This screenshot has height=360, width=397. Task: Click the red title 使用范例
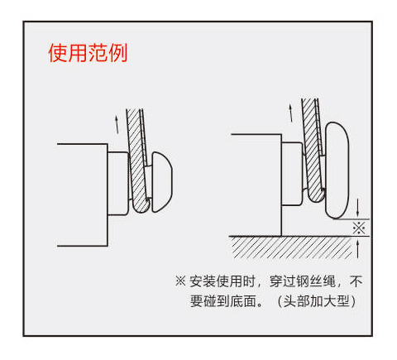[88, 53]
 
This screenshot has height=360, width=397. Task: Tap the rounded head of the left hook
[162, 182]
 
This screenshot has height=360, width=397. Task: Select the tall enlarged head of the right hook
[337, 170]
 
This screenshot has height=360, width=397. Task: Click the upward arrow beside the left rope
[117, 125]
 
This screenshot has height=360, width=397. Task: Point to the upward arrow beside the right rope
[290, 113]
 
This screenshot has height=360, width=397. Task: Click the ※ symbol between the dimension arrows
[359, 228]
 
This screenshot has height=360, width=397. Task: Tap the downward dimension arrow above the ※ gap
[357, 208]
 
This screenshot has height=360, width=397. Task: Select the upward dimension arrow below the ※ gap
[357, 248]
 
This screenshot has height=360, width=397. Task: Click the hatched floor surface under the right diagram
[292, 247]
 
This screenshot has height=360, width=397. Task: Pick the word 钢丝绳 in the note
[316, 281]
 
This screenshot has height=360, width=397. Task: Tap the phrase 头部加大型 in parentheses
[317, 300]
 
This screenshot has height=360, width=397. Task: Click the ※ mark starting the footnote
[180, 281]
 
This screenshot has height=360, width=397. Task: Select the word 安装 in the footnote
[203, 281]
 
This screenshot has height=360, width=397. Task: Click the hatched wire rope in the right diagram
[313, 151]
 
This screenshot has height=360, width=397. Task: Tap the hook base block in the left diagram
[118, 184]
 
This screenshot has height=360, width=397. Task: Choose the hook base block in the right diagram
[292, 174]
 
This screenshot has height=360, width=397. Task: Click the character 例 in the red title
[118, 53]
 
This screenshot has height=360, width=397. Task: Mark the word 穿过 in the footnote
[283, 281]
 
